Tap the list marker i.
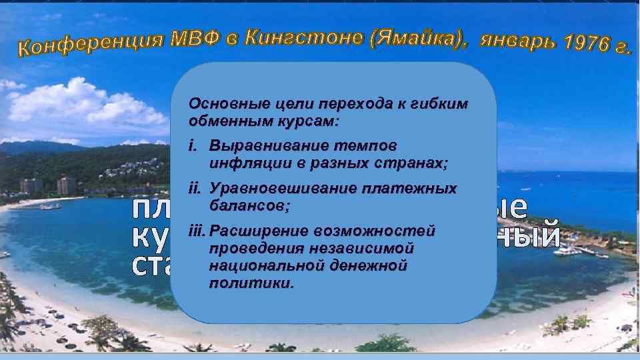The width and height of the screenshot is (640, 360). coord(194,145)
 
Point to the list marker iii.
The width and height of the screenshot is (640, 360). coord(198,231)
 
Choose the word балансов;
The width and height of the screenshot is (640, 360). coord(249,206)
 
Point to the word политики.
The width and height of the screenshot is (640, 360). coord(251,283)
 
